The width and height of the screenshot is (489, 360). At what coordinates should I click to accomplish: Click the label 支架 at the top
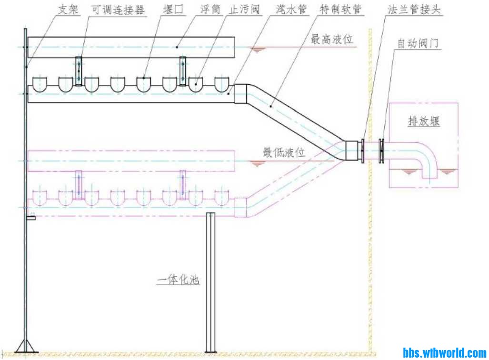point(68,10)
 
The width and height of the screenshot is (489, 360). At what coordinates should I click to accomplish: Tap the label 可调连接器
point(117,10)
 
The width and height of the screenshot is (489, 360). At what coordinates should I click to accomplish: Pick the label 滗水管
point(291,10)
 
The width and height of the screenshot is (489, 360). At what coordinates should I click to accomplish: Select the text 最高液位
point(332,40)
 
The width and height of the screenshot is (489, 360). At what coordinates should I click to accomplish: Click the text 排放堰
point(423,121)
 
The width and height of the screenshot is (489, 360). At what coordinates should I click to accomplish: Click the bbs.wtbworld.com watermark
point(444,353)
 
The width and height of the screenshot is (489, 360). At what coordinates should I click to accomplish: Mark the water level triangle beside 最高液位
point(258,50)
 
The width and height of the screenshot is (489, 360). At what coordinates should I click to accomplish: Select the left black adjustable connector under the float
point(79,71)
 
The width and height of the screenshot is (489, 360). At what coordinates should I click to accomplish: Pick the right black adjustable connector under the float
point(182,71)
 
